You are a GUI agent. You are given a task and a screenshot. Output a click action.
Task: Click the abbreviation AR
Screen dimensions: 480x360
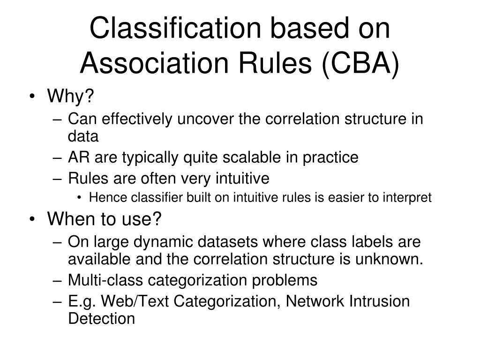79,157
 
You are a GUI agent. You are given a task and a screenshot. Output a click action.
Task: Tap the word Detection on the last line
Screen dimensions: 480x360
101,319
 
